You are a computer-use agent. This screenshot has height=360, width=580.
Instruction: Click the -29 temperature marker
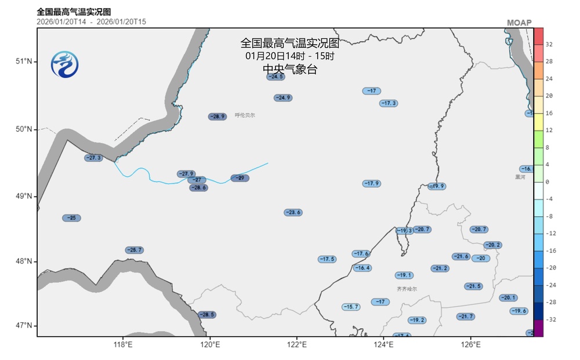coord(240,178)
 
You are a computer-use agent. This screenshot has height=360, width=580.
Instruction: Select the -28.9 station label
coord(217,117)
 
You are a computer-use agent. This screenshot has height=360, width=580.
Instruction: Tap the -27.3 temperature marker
coord(93,158)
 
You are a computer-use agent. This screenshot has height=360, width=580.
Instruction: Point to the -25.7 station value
coord(134,250)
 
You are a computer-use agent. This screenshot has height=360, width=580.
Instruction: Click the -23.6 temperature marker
coord(293,212)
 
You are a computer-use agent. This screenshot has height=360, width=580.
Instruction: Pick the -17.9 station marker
coord(372,183)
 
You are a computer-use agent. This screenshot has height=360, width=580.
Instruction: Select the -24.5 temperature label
coord(275,77)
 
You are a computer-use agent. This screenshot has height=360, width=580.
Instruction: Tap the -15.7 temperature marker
coord(351,306)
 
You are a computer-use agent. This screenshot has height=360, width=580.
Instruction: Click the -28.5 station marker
coord(206,314)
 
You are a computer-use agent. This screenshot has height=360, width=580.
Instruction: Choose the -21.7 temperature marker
coord(465,317)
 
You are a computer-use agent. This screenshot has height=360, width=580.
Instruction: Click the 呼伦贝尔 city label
coord(245,115)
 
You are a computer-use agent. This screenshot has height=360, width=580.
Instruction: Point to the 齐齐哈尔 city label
coord(407,289)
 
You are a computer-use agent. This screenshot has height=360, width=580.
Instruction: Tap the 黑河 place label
coord(520,177)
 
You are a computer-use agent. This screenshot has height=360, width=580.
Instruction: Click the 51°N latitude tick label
coord(24,61)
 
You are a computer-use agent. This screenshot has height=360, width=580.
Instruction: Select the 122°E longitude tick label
coord(297,344)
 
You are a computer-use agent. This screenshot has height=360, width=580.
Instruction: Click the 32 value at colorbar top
coord(549,44)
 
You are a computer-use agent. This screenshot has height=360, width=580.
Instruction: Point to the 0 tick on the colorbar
coord(547,181)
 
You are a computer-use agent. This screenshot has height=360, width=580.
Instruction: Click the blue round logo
coord(64,64)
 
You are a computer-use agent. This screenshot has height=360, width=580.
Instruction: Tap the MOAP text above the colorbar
coord(519,23)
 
